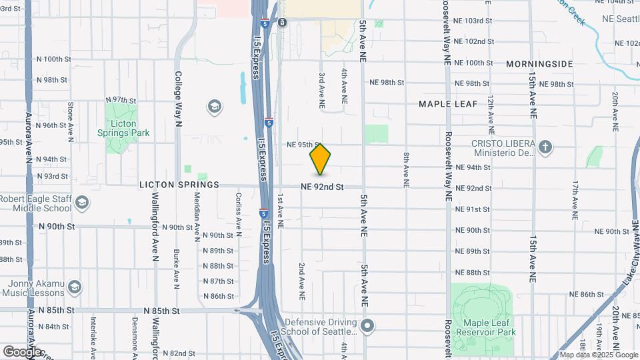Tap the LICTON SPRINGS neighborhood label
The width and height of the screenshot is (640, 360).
(x=179, y=185)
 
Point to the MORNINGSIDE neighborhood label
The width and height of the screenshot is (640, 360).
(x=539, y=64)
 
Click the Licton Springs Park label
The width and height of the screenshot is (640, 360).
(x=121, y=128)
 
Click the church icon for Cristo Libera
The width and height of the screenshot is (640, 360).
(x=545, y=147)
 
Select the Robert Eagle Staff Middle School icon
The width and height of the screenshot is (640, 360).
(x=82, y=203)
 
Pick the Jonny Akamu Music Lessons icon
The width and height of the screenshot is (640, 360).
(x=75, y=287)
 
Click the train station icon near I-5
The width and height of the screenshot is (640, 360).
(x=283, y=23)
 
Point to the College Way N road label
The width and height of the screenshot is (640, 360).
(x=178, y=99)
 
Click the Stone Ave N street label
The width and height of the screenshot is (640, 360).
(x=71, y=121)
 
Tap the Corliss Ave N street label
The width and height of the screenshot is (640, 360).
(x=238, y=213)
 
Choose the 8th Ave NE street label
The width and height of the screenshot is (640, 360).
(x=405, y=168)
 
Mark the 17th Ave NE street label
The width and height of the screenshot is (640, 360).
(x=574, y=199)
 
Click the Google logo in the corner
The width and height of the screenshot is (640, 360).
(x=22, y=351)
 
